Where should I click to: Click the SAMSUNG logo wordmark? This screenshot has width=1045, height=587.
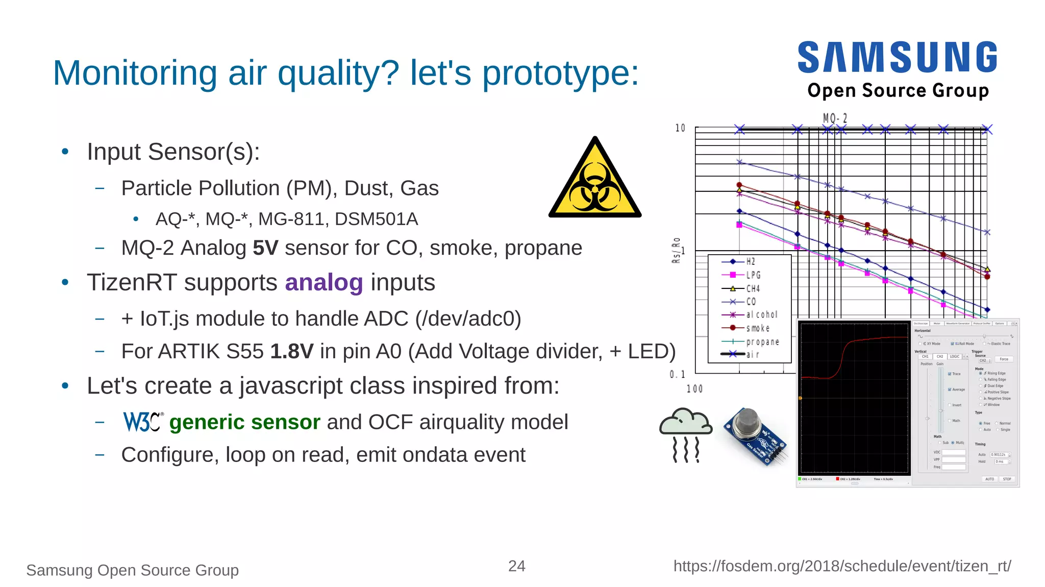coord(897,57)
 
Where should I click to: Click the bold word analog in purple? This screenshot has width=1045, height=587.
coord(324,282)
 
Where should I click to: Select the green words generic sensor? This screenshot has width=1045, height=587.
coord(244,422)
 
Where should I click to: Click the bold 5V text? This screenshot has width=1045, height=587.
coord(265,248)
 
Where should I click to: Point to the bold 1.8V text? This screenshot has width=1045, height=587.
coord(291,351)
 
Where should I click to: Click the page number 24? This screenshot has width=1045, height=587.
coord(516,566)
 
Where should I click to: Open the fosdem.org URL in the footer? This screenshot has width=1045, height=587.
coord(842,566)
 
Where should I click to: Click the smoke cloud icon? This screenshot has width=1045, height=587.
coord(685,434)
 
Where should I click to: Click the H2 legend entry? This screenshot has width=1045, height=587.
coord(750,261)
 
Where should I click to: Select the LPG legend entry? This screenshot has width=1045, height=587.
coord(753,275)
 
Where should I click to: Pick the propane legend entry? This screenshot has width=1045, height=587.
coord(762,341)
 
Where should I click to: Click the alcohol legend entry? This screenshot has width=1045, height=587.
coord(761,314)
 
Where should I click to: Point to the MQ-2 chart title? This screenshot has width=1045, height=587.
coord(835,118)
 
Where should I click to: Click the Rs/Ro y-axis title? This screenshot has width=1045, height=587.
coord(676,250)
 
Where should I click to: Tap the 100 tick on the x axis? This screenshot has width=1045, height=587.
coord(694,389)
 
